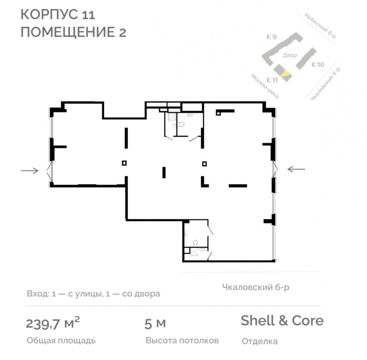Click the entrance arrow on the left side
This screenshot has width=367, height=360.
coord(30,171)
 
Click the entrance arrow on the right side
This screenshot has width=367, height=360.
coord(296,169)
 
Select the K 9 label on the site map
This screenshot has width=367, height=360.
coord(272,37)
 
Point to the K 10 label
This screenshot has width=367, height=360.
coord(317,65)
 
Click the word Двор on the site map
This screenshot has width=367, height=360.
coord(290,55)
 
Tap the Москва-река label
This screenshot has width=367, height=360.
coord(265,86)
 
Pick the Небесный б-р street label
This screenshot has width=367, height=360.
coord(320,26)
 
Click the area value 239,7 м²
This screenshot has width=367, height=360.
coord(52,323)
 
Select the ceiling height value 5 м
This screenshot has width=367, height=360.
coord(155,324)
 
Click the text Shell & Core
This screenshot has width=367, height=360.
coord(282,320)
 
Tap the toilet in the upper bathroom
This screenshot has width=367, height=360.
coord(181,124)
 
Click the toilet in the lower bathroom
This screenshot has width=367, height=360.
coord(195,243)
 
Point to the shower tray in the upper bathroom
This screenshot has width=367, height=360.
coord(172,117)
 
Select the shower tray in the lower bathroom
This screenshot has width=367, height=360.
coord(194,252)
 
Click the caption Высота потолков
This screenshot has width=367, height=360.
coord(182,341)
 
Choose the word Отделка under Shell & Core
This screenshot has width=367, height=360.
coord(259,341)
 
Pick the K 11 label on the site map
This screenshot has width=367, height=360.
coord(272,80)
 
